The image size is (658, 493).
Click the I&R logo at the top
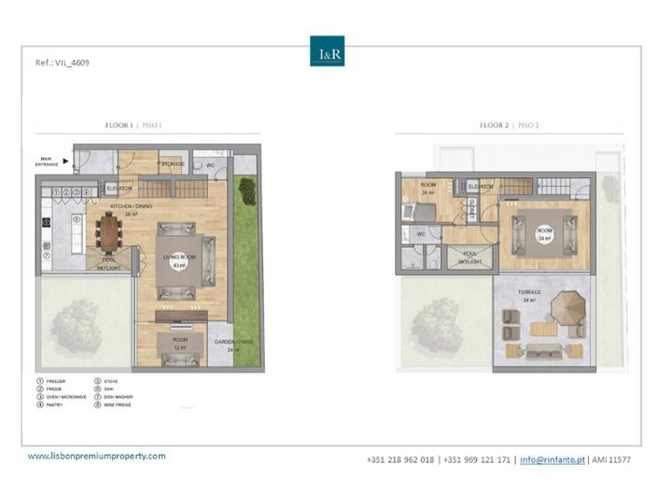tap(327, 50)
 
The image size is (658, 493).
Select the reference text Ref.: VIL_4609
tap(62, 63)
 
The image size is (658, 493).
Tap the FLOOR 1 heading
tap(134, 124)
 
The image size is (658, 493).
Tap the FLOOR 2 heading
tap(510, 124)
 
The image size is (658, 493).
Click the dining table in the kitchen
tap(111, 232)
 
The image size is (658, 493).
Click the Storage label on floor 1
tap(173, 164)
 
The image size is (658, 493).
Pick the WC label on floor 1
tap(212, 164)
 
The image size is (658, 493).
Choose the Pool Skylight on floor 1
tap(109, 263)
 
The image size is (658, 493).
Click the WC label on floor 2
tap(422, 234)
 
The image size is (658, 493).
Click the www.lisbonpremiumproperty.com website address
tap(96, 456)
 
